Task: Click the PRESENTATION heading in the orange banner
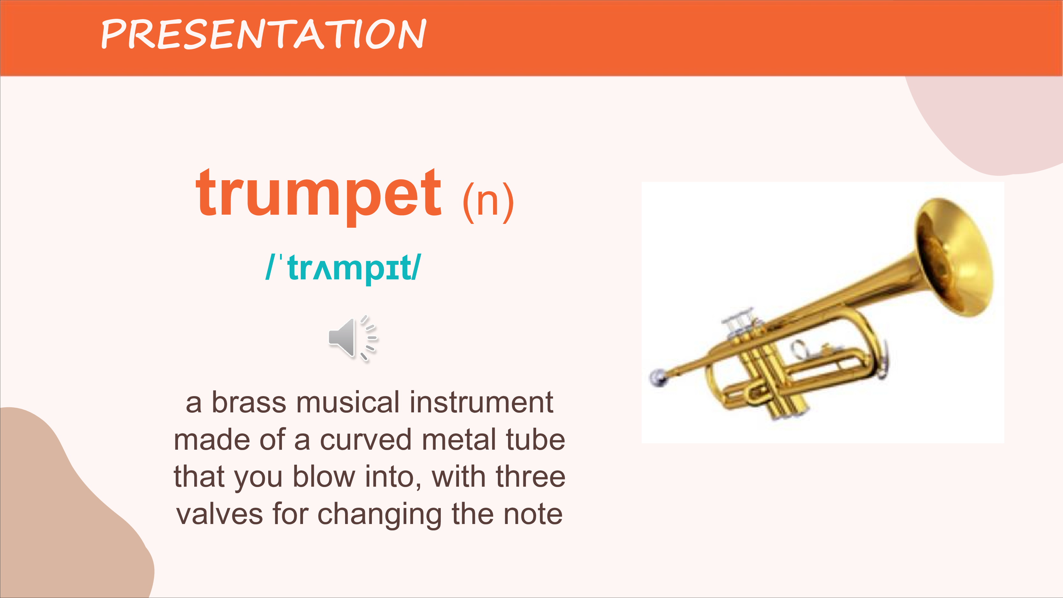coord(263,34)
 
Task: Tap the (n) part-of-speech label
coord(488,202)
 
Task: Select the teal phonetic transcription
coord(343,269)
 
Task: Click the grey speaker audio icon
coord(353,338)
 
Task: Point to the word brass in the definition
coord(249,402)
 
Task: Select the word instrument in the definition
coord(481,402)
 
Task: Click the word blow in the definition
coord(324,477)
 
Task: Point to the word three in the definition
coord(531,477)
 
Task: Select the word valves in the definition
coord(219,514)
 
